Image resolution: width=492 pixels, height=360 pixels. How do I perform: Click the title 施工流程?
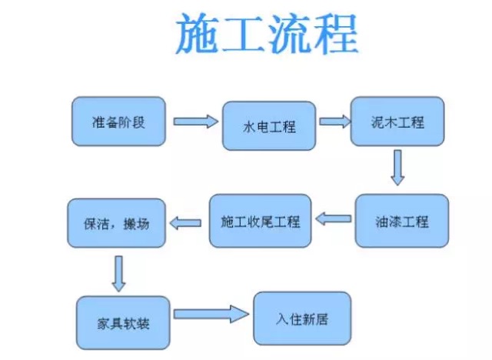[x=267, y=35]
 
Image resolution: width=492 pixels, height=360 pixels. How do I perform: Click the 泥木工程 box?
[x=397, y=121]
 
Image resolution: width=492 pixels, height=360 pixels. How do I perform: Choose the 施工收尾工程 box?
[x=261, y=221]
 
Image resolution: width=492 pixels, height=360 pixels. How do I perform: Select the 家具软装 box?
[x=124, y=320]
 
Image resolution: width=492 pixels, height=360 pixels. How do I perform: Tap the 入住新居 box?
[x=301, y=316]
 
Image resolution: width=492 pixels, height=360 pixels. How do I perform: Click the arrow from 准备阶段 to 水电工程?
[x=195, y=122]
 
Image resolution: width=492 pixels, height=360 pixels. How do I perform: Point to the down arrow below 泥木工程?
[x=397, y=167]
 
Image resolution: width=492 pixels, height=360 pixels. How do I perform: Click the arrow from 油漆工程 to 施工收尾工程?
[x=334, y=219]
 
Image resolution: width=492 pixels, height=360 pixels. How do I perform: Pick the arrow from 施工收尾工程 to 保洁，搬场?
[x=185, y=223]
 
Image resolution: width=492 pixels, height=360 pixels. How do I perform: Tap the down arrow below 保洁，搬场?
[x=118, y=273]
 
